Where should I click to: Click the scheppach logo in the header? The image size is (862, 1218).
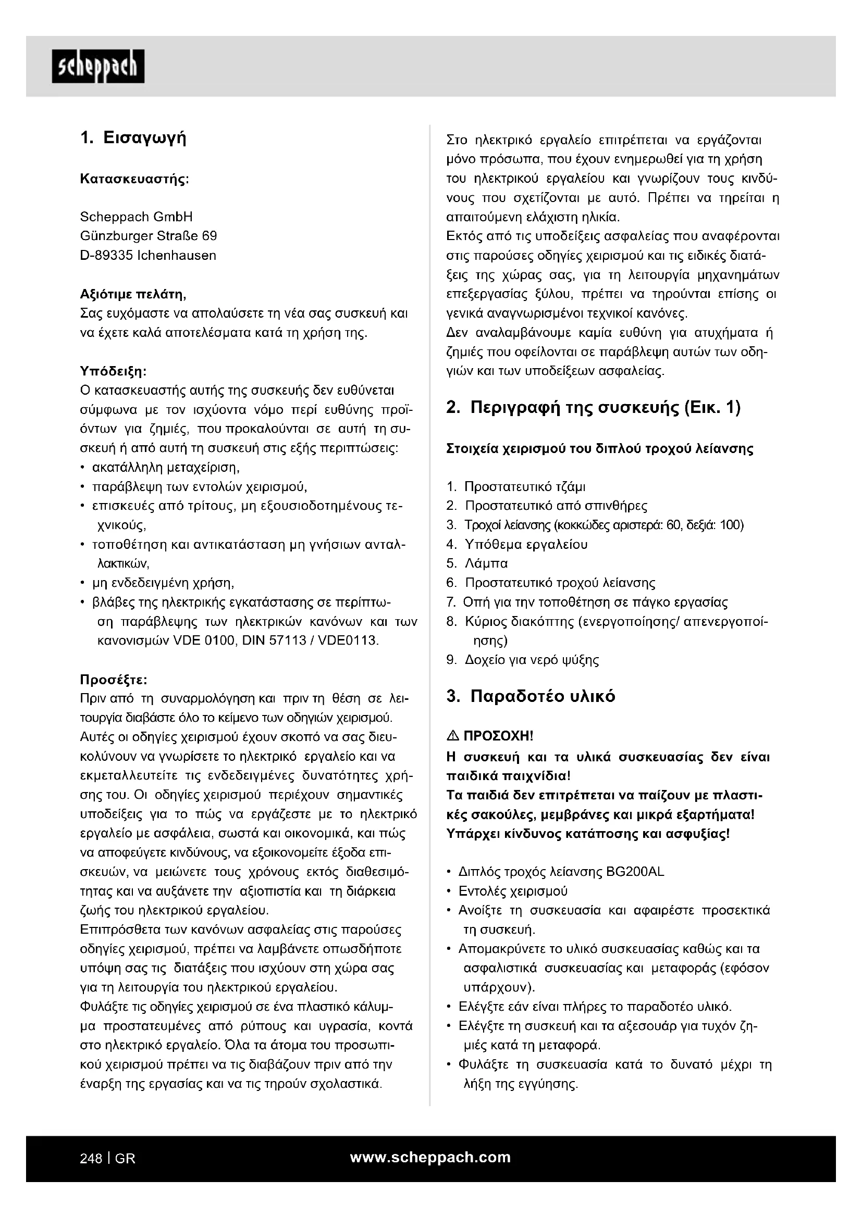coord(97,66)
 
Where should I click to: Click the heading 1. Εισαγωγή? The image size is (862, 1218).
coord(133,138)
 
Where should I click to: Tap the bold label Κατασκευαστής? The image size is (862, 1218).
coord(134,179)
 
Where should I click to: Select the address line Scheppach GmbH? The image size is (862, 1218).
coord(137,217)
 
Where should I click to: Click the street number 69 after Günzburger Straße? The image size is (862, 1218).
coord(210,235)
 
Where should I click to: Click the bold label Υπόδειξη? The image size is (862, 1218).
coord(113,370)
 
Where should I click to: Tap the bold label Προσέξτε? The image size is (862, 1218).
coord(114,680)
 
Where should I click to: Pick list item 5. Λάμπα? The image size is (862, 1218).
coord(477,563)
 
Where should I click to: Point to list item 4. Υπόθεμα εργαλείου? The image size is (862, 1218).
coord(517,544)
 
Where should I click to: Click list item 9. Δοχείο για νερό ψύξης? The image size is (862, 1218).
coord(523,660)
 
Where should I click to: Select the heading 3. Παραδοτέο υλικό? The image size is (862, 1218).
coord(531,696)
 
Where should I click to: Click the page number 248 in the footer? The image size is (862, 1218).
coord(91,1159)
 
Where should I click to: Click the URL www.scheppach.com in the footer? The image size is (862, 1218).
coord(430,1158)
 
